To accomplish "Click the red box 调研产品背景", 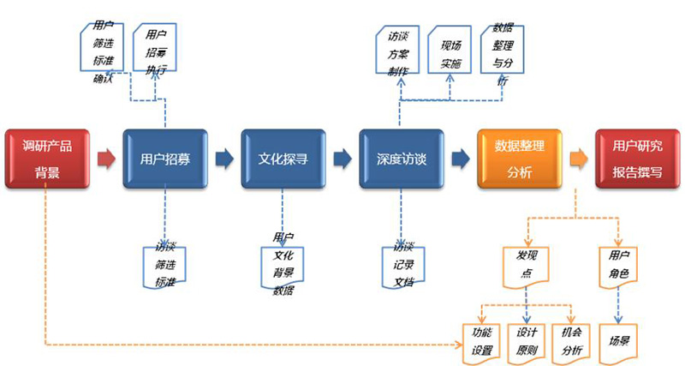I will tap(47, 159).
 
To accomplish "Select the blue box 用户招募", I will tap(164, 159).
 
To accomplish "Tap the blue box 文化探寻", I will tap(283, 159).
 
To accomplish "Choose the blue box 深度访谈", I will tap(401, 159).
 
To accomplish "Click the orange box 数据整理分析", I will tap(520, 159).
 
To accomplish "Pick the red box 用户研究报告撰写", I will tap(637, 159).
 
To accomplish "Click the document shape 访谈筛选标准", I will tap(165, 265).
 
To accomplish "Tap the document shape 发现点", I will tap(525, 264).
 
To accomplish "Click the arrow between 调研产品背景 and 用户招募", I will tap(106, 159).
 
